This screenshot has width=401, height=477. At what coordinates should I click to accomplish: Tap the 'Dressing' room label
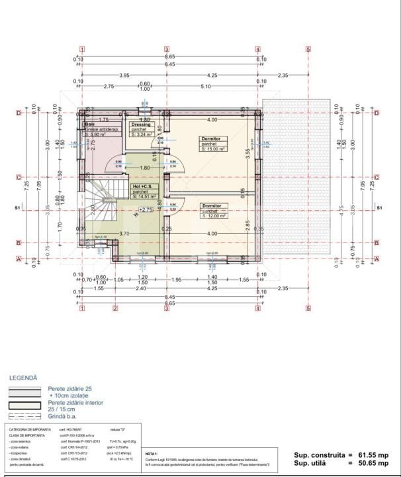(142, 124)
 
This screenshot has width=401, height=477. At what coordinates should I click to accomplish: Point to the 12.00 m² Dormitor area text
(214, 216)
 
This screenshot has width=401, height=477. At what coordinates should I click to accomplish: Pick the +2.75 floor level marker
(146, 209)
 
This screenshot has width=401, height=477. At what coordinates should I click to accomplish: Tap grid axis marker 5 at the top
(308, 49)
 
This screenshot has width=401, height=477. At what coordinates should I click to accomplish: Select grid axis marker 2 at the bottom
(114, 308)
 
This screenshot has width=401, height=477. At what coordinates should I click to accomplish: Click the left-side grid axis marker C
(19, 177)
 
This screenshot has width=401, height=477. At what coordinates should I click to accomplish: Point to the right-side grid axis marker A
(377, 259)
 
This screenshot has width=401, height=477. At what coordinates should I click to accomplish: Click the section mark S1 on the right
(379, 209)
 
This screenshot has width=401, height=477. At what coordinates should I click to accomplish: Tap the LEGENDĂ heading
(23, 378)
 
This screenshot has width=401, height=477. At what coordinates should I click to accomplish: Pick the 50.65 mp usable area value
(375, 464)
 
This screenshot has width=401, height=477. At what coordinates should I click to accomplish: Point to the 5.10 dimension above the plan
(205, 86)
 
